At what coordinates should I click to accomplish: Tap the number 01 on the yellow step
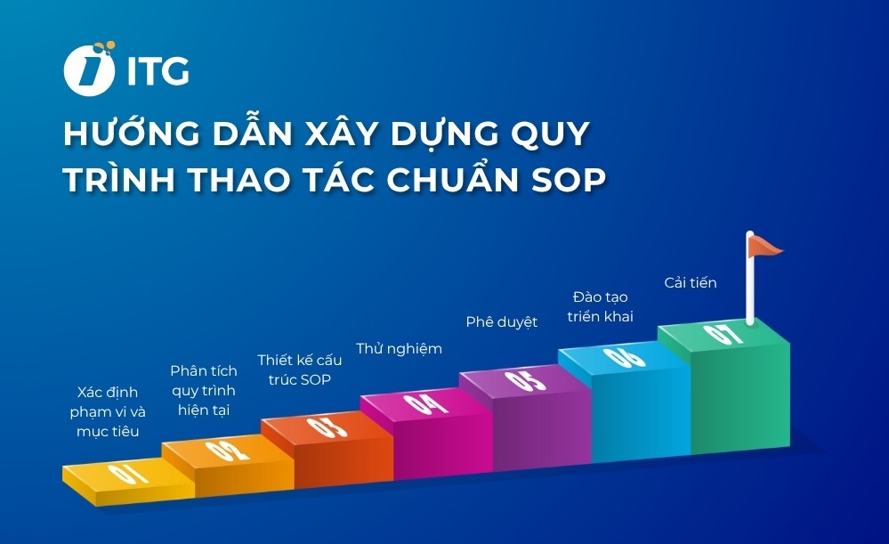point(128,474)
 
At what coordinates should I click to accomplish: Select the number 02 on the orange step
point(227,450)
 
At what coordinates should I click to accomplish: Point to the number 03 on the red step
point(324,426)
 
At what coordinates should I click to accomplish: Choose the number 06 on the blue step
point(622,357)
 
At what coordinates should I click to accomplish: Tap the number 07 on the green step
point(723,335)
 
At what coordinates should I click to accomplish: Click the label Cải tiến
point(691,283)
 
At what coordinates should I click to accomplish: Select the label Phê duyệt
point(502,321)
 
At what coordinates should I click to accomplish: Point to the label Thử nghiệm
point(399,348)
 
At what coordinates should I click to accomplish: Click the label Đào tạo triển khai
point(601,305)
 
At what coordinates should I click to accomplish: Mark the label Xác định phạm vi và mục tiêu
point(107,411)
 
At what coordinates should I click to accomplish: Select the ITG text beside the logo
point(158,71)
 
